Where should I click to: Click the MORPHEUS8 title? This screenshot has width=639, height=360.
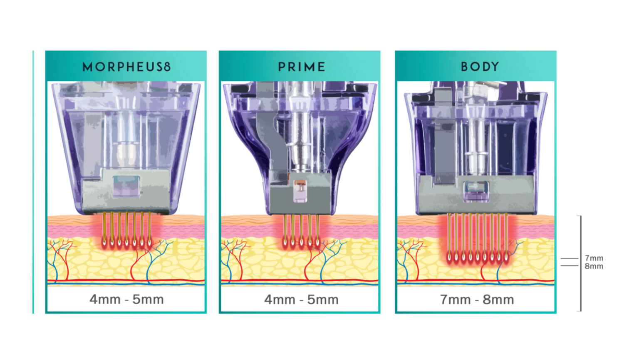coord(126,67)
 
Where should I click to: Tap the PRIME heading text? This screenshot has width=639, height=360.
coord(301,67)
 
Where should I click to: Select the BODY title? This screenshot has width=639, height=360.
coord(479,67)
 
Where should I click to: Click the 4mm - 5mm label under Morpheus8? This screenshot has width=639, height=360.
coord(126,299)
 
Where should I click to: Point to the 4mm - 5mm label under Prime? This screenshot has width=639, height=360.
coord(301,299)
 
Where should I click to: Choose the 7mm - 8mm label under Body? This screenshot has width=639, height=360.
coord(477,299)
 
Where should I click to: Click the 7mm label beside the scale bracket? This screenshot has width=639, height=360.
coord(593,258)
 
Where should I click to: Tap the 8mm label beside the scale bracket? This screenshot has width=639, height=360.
coord(593,266)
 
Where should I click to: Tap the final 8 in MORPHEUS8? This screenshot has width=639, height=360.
coord(167,67)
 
